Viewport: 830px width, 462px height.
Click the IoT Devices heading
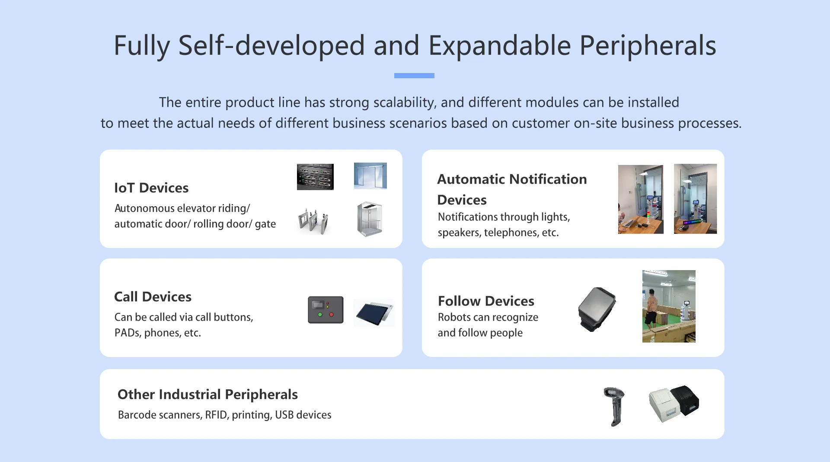(x=151, y=188)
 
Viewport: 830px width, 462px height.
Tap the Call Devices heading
(x=153, y=297)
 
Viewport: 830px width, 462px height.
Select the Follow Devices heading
(x=486, y=301)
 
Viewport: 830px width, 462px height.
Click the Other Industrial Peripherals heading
(x=207, y=395)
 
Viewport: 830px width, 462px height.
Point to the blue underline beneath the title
(x=414, y=76)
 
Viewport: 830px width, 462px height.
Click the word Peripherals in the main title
(x=648, y=46)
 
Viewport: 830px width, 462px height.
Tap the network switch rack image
(x=315, y=177)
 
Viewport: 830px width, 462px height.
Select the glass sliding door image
(x=370, y=176)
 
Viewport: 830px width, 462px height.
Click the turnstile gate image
(x=313, y=221)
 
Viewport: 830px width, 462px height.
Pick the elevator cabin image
(x=370, y=219)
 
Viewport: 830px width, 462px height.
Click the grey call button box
(x=326, y=310)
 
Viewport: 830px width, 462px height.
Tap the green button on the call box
(x=320, y=315)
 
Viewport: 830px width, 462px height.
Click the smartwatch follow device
(x=597, y=309)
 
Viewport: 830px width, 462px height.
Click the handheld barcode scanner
(x=614, y=406)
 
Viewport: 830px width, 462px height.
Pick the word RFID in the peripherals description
(x=216, y=415)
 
